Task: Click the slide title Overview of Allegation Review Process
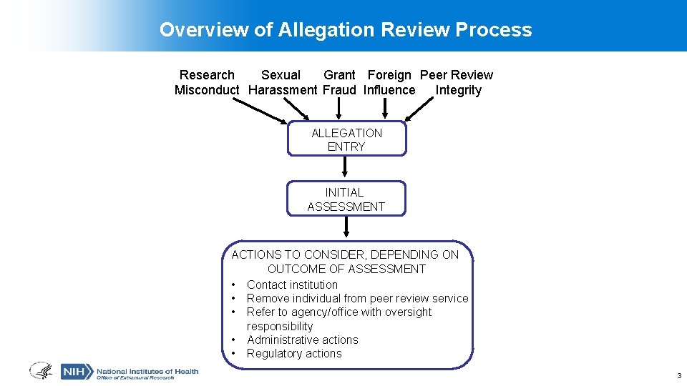(x=346, y=30)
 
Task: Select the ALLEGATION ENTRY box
(x=346, y=139)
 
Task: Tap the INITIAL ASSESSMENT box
(x=346, y=199)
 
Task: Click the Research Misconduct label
(x=207, y=83)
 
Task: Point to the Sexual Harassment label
(x=281, y=83)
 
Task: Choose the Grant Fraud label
(x=339, y=83)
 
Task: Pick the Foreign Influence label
(x=389, y=83)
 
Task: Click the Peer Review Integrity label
(x=457, y=83)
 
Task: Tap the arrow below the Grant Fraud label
(x=340, y=109)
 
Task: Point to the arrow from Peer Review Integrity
(x=419, y=109)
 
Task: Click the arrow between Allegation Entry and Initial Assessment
(x=346, y=167)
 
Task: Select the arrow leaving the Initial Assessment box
(x=346, y=227)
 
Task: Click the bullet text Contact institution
(x=292, y=284)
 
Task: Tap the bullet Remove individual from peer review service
(x=357, y=298)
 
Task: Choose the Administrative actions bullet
(x=302, y=340)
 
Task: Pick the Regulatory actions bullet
(x=294, y=353)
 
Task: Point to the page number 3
(x=678, y=375)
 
